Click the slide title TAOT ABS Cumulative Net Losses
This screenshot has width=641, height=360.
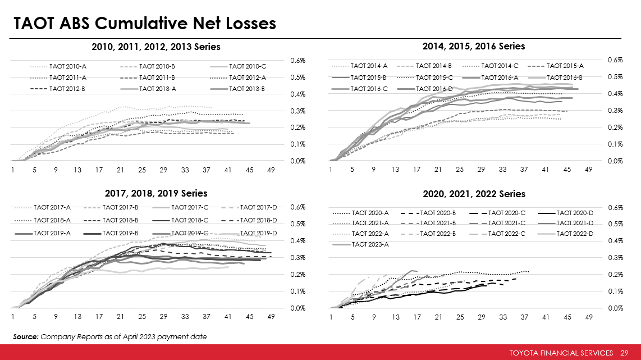[144, 24]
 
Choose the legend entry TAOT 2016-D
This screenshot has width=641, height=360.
[434, 88]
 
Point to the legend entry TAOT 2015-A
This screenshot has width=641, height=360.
[565, 66]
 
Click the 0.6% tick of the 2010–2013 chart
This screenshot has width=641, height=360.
[298, 60]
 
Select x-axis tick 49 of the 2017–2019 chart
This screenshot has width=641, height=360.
[271, 317]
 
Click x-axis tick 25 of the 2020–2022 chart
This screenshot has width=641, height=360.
[460, 317]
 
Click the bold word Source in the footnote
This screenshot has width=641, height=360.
[25, 336]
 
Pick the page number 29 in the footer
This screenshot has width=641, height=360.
[624, 353]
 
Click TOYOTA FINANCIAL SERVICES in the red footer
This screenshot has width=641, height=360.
[561, 353]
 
